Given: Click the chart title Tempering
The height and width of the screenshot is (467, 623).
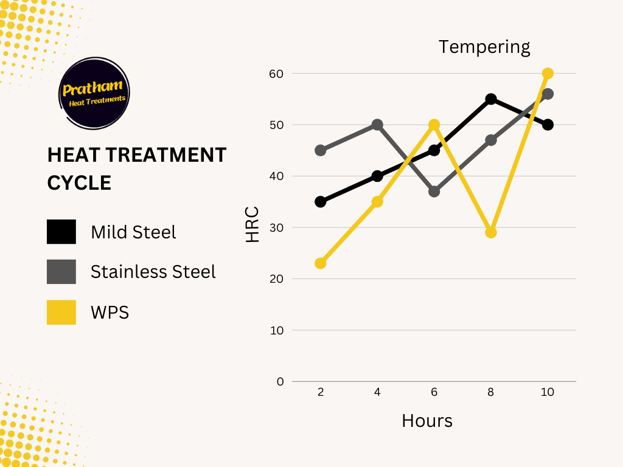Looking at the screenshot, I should pyautogui.click(x=484, y=47).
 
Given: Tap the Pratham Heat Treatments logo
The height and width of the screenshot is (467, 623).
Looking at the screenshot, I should pyautogui.click(x=95, y=93).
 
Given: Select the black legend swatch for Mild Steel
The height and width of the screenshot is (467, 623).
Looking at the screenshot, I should pyautogui.click(x=61, y=232).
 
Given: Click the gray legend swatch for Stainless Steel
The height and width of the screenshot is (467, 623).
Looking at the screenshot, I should pyautogui.click(x=61, y=272).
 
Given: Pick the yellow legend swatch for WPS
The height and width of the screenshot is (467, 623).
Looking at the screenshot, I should pyautogui.click(x=61, y=312).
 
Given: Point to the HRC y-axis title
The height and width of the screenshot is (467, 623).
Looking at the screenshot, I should pyautogui.click(x=253, y=224).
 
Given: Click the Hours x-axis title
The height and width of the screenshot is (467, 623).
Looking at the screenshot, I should pyautogui.click(x=427, y=420).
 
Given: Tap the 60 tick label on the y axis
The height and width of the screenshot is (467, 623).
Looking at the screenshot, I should pyautogui.click(x=276, y=74).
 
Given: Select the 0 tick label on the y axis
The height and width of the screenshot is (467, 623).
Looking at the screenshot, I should pyautogui.click(x=280, y=381).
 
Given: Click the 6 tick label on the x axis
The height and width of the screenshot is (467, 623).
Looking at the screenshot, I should pyautogui.click(x=434, y=392).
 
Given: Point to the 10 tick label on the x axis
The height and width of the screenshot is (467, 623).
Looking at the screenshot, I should pyautogui.click(x=548, y=392).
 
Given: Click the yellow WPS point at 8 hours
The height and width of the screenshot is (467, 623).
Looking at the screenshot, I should pyautogui.click(x=491, y=232).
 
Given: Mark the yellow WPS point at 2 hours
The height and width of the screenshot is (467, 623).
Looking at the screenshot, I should pyautogui.click(x=321, y=263).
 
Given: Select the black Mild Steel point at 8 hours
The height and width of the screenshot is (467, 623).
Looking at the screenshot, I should pyautogui.click(x=491, y=99).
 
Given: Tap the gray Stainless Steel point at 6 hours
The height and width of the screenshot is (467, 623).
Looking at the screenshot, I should pyautogui.click(x=434, y=192).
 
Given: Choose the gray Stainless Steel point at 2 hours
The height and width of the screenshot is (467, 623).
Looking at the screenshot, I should pyautogui.click(x=321, y=150).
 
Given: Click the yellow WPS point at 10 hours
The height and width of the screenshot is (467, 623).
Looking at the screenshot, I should pyautogui.click(x=548, y=74).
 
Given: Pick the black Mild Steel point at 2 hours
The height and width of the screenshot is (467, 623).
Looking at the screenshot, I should pyautogui.click(x=321, y=202).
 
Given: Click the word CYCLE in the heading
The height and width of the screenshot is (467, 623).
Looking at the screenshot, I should pyautogui.click(x=79, y=182).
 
